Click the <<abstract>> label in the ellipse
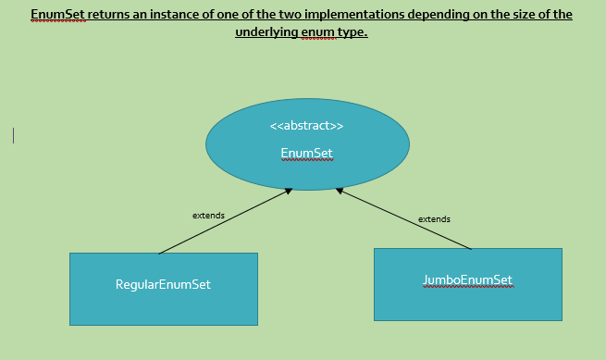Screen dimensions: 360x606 [306, 126]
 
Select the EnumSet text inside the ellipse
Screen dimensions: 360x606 [306, 153]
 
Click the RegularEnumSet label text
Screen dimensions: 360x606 [163, 284]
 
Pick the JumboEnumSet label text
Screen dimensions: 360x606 [467, 279]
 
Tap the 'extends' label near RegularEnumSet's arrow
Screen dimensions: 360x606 [208, 215]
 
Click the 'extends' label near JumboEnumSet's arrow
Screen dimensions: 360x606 [434, 219]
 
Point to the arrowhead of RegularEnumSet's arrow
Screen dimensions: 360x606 [289, 191]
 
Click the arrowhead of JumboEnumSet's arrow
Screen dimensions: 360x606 [340, 191]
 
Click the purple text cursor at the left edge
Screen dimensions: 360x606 [13, 135]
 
